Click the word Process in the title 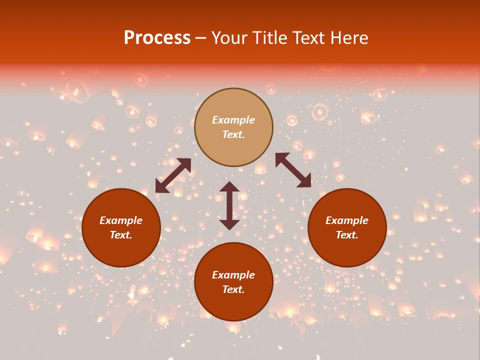pos(157,38)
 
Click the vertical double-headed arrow pos(229,206)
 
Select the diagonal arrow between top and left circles pos(173,175)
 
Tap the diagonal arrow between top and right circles pos(293,170)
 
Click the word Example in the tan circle pos(233,120)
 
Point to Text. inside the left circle pos(121,235)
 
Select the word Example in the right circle pos(347,220)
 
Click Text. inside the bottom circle pos(233,290)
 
